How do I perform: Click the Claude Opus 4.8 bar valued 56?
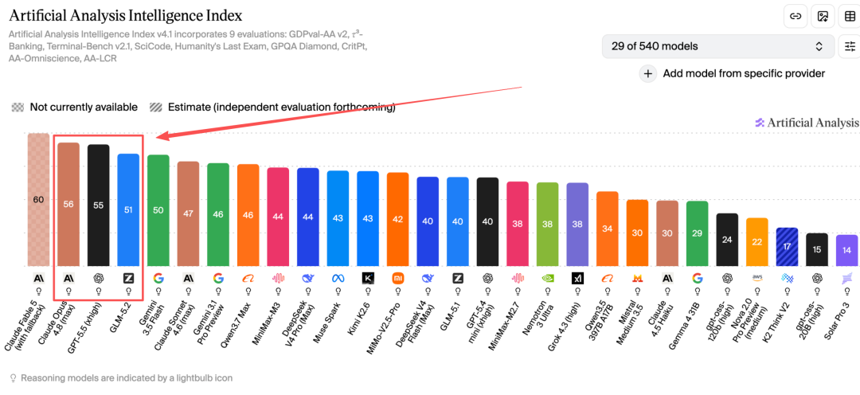[68, 204]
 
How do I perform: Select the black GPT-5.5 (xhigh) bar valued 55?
[99, 205]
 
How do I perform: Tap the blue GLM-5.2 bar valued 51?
[128, 209]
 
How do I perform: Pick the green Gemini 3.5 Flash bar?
[158, 210]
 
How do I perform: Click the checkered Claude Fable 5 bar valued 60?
[38, 200]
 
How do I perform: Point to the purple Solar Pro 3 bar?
[846, 250]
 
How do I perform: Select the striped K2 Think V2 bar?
[787, 247]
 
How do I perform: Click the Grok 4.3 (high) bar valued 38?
[577, 225]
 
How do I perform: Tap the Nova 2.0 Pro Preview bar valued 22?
[757, 242]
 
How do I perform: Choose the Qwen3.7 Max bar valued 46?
[248, 215]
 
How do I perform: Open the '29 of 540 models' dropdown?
[718, 46]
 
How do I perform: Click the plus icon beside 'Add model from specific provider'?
[647, 73]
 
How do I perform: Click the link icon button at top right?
[795, 16]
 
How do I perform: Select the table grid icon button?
[850, 16]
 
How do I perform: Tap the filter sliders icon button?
[850, 46]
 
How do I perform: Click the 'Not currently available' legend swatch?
[18, 108]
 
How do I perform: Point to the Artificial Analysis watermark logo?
[806, 123]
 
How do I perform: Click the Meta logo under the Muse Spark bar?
[338, 278]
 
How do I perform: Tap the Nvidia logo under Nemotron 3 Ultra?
[547, 278]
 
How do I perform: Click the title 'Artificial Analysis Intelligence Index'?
[126, 15]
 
